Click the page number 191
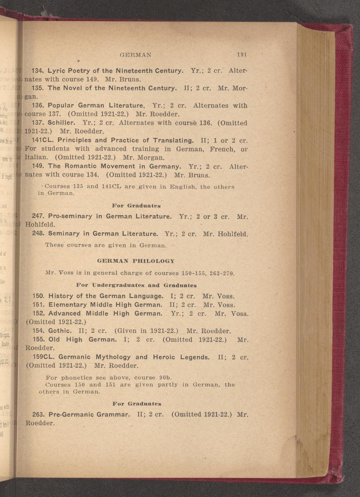242,55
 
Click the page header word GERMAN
135,55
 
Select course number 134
38,71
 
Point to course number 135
38,88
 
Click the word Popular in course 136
61,106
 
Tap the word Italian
36,157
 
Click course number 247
38,216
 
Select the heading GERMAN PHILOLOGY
136,261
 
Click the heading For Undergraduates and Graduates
136,285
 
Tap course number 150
39,296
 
